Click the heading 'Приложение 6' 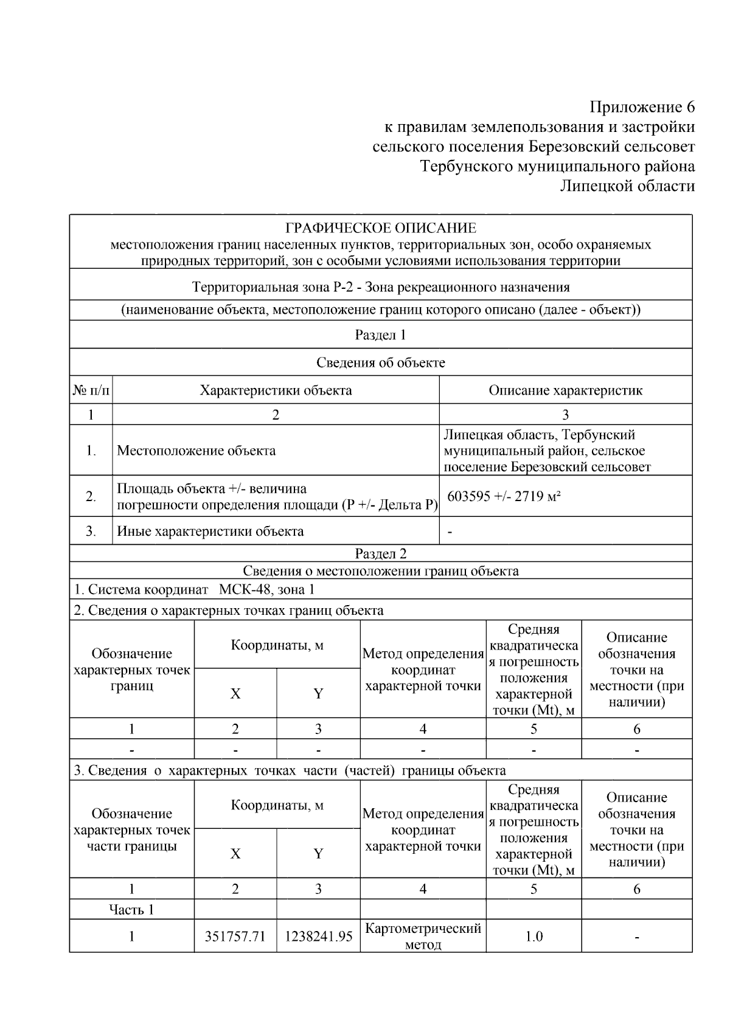click(x=642, y=108)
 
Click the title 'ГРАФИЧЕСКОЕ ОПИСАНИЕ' click(x=381, y=229)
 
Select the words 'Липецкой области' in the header click(x=627, y=185)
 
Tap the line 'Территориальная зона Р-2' click(x=381, y=287)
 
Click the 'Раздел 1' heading click(x=381, y=335)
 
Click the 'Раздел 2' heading click(x=381, y=553)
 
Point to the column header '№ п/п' click(x=91, y=390)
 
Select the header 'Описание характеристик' click(x=565, y=390)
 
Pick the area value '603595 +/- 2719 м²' click(x=504, y=496)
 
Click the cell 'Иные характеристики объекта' click(x=210, y=531)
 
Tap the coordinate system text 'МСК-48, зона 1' click(x=266, y=589)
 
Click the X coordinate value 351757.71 click(x=235, y=936)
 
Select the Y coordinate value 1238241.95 click(x=318, y=936)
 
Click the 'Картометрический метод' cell click(x=423, y=936)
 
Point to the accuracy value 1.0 click(x=534, y=936)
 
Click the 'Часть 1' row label click(x=131, y=909)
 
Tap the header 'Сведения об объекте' click(x=381, y=362)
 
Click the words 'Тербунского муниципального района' click(x=557, y=166)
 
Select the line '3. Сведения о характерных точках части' click(x=290, y=771)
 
